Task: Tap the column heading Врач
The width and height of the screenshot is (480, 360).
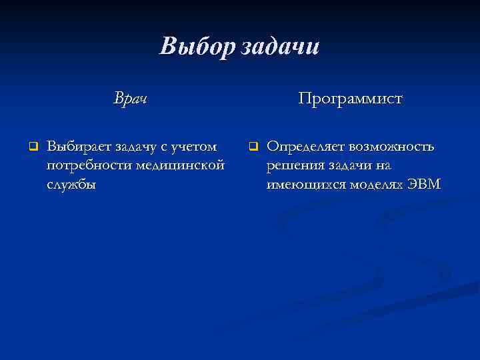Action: (130, 99)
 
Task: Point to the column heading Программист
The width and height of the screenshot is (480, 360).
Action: (350, 99)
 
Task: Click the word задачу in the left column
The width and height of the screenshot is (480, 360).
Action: (135, 146)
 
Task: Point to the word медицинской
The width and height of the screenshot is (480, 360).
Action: (179, 165)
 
